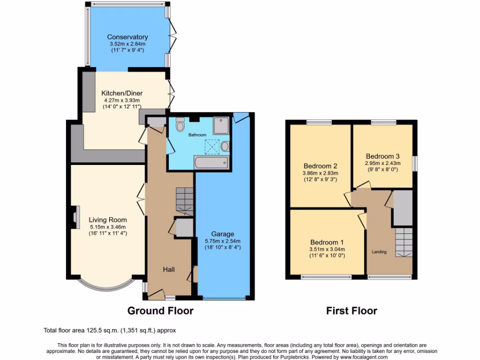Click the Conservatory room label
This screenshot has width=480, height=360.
point(127,37)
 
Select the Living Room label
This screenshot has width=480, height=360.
point(107,219)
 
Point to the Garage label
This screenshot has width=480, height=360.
point(222,234)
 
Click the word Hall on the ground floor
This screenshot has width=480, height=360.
point(169,270)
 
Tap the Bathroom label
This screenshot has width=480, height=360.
point(197,135)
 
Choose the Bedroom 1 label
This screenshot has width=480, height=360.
point(327,242)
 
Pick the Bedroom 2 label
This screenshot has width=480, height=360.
point(321,166)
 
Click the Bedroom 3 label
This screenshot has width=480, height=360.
point(382,156)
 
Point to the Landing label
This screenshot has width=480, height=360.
point(379,252)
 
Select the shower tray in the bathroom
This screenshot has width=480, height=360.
point(221,124)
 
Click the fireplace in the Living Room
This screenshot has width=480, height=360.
point(75,217)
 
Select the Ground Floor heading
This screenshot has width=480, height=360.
point(160,310)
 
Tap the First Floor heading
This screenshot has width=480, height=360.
point(352,310)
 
